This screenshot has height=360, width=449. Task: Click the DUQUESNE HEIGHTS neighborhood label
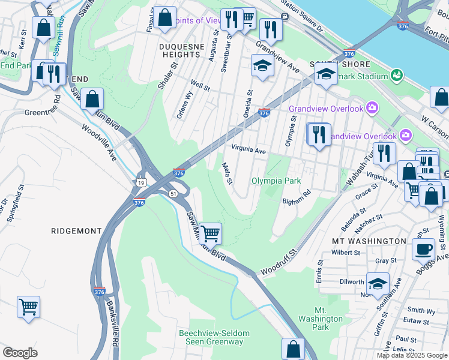click(x=179, y=49)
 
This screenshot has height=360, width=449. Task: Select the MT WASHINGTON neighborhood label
click(x=369, y=241)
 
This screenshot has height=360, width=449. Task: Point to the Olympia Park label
click(x=276, y=181)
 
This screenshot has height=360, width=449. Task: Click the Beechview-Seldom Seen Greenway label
click(x=211, y=337)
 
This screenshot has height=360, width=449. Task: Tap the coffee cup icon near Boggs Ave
click(x=423, y=248)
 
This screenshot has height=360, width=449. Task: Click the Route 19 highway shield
click(x=140, y=182)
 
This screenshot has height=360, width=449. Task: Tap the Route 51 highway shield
click(x=172, y=193)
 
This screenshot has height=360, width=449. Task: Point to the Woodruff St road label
click(x=277, y=262)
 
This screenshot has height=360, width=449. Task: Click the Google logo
click(x=20, y=353)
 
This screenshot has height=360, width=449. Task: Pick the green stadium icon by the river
click(x=396, y=76)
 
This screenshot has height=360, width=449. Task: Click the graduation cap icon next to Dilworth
click(x=378, y=283)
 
